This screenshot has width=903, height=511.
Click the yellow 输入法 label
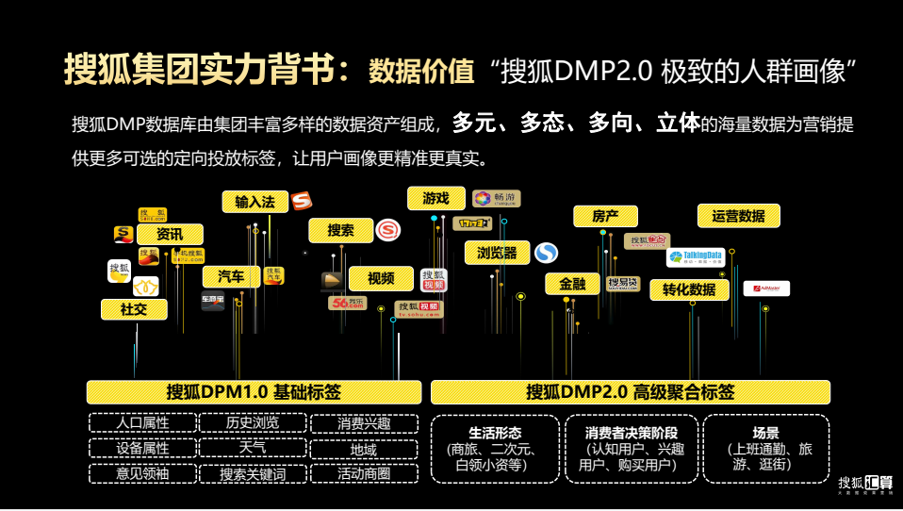[x=254, y=202]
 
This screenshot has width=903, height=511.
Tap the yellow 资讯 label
[x=170, y=235]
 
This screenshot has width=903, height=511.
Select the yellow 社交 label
[x=133, y=309]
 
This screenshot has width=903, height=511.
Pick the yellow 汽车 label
[x=231, y=276]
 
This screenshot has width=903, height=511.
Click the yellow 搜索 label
[x=340, y=230]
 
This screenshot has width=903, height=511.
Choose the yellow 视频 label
[x=381, y=278]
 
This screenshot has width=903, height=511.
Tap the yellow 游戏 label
[x=435, y=198]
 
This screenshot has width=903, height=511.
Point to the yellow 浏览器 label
[x=497, y=253]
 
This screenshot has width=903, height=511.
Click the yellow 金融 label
[x=572, y=284]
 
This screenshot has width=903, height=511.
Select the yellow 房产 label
[x=605, y=216]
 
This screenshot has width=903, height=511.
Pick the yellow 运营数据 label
[x=738, y=216]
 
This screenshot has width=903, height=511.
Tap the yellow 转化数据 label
[x=688, y=289]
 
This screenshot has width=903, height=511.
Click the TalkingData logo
[x=696, y=256]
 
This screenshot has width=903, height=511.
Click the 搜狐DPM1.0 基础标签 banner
[x=254, y=392]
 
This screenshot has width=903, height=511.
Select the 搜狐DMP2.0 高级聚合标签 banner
[x=630, y=392]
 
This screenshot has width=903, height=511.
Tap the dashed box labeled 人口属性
[x=142, y=423]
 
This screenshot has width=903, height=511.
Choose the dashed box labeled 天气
[x=252, y=448]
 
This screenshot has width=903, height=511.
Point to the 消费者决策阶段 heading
[x=630, y=433]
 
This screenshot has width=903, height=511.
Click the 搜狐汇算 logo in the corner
[x=865, y=482]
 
